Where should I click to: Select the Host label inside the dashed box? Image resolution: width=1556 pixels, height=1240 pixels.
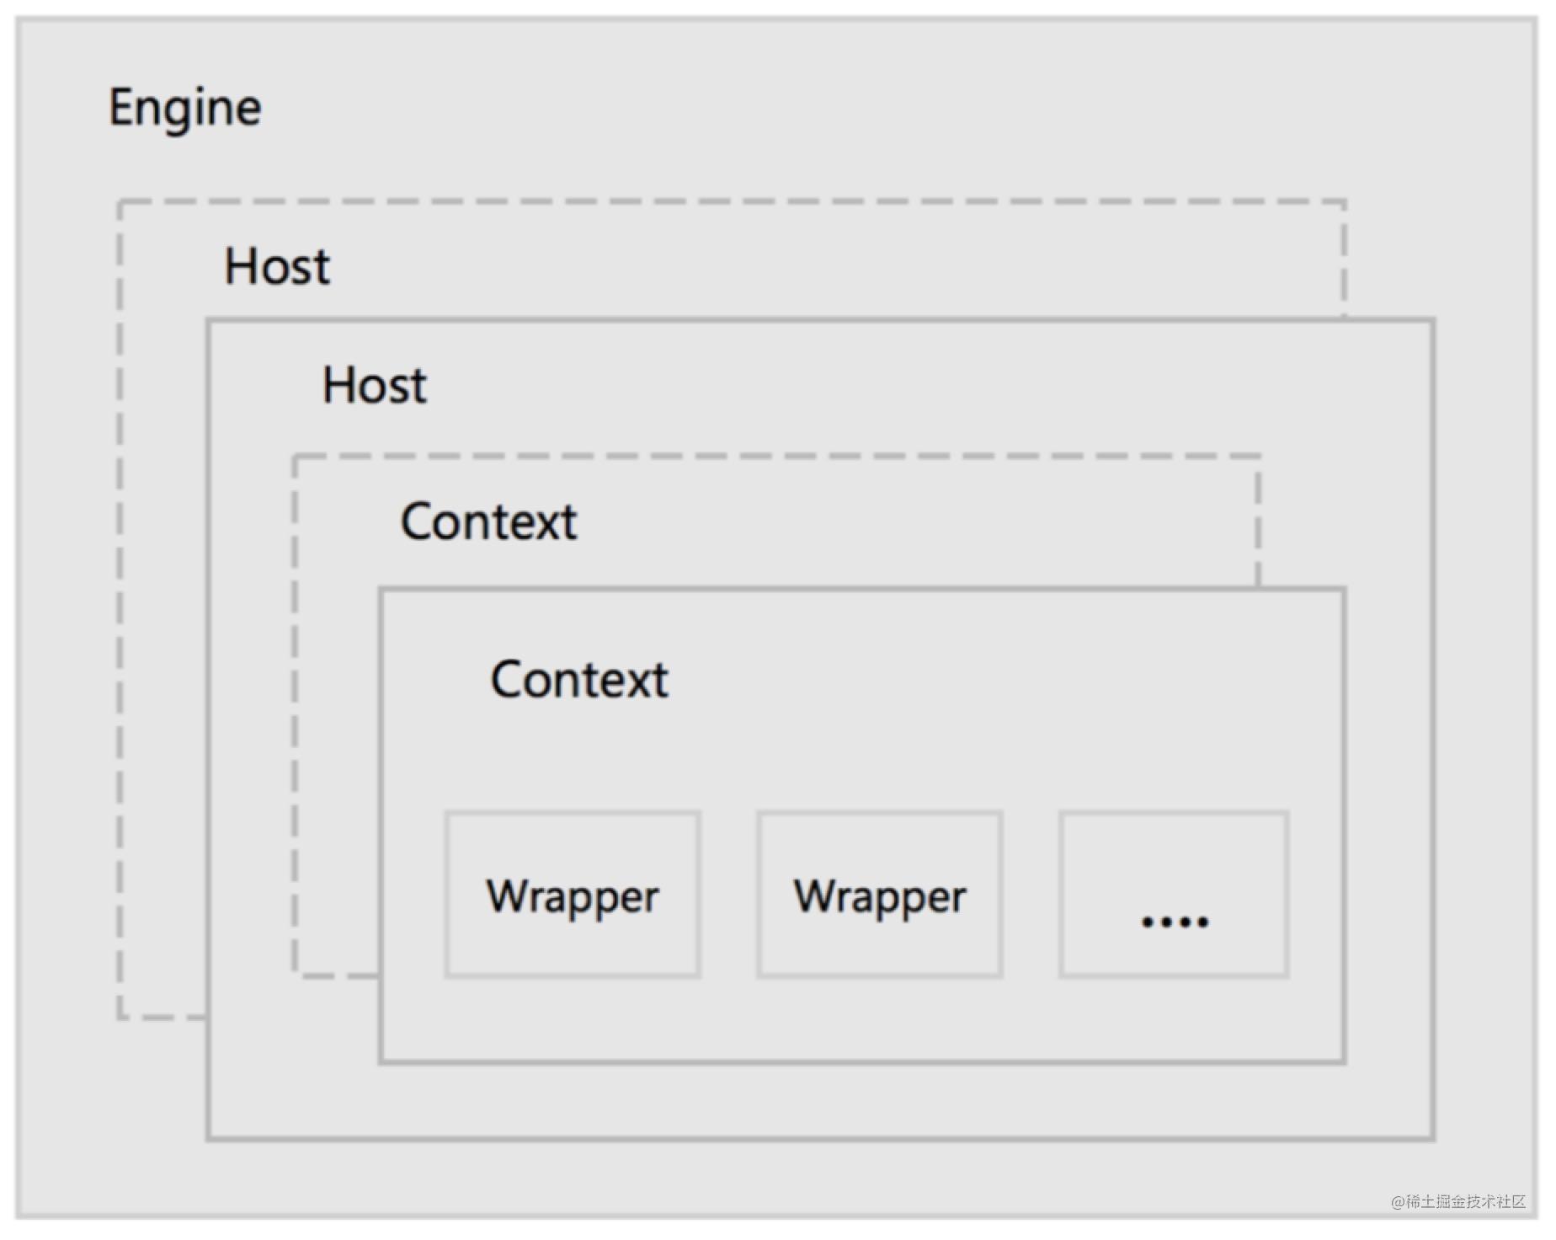click(277, 266)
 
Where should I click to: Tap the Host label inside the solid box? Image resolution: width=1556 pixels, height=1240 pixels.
click(375, 386)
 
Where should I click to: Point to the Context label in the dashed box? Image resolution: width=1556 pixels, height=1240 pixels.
click(488, 521)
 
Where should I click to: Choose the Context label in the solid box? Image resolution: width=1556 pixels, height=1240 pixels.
click(579, 679)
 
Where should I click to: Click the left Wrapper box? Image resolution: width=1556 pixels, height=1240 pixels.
click(573, 895)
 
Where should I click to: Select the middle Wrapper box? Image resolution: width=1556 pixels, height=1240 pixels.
click(880, 895)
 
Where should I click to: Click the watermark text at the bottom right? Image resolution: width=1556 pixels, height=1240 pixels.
click(1458, 1201)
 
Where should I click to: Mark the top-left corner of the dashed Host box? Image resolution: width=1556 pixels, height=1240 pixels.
click(120, 202)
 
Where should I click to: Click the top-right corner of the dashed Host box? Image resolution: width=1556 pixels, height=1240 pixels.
click(1345, 202)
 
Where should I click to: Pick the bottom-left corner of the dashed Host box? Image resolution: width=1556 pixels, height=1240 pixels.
click(120, 1018)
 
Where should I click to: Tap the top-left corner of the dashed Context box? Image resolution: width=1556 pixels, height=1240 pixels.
click(295, 457)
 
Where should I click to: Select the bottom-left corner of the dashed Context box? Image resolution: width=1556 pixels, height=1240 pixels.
click(295, 975)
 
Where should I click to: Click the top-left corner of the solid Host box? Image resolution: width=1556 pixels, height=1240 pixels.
click(208, 320)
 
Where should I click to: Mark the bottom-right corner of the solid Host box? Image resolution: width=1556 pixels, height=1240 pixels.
click(1433, 1139)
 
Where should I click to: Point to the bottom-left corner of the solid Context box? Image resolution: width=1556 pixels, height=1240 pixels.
click(381, 1062)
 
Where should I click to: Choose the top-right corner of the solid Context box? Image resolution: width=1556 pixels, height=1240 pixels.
click(1345, 589)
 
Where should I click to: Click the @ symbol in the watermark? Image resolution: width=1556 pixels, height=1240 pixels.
click(1398, 1202)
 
